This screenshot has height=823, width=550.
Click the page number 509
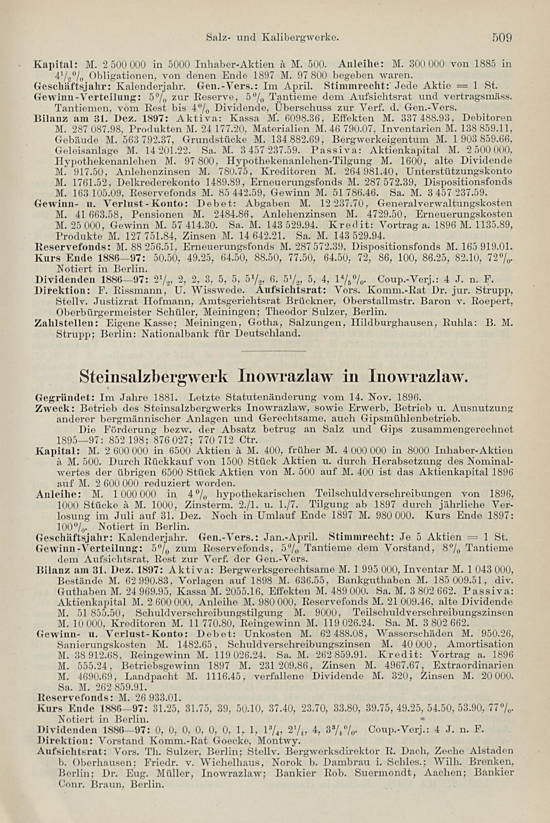pyautogui.click(x=503, y=37)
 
